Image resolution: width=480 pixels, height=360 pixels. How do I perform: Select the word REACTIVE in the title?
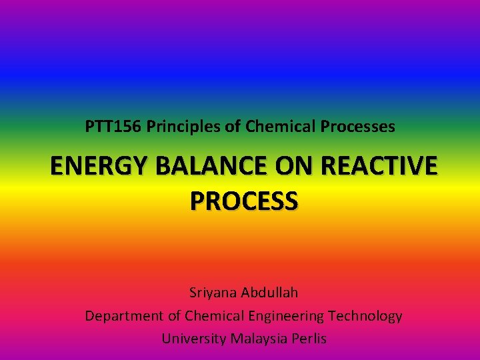point(377,167)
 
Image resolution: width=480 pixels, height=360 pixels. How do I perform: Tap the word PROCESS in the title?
point(244,200)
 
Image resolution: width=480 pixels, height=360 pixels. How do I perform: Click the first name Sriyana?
point(213,293)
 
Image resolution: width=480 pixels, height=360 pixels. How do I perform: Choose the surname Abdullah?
point(270,293)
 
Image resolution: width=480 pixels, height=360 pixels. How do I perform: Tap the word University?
point(193,339)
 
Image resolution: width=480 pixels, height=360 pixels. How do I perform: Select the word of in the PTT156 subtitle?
point(234,126)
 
